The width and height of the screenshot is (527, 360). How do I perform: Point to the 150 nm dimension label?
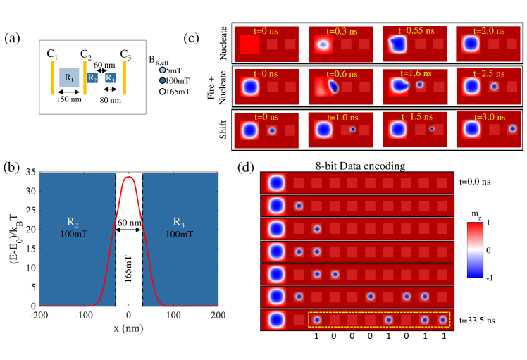(69, 100)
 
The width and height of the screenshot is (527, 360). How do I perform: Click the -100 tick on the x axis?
(83, 314)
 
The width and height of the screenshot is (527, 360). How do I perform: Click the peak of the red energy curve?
(128, 178)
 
